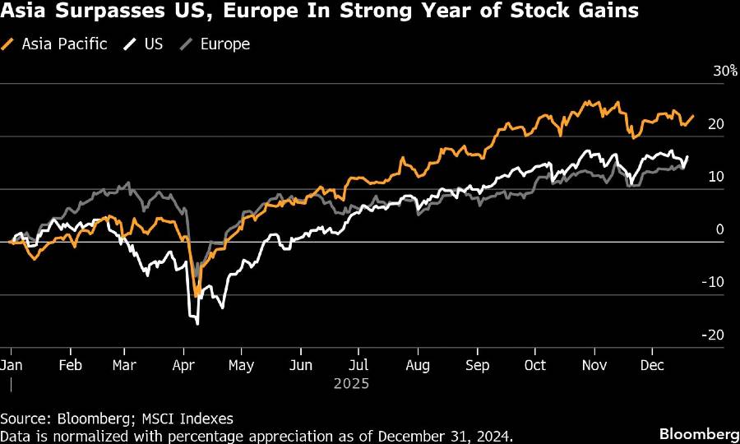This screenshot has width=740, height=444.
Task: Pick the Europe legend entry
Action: click(215, 44)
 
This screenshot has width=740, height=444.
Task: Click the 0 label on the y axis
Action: click(719, 229)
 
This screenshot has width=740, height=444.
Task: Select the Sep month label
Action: click(477, 365)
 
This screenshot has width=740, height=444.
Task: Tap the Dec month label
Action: click(653, 365)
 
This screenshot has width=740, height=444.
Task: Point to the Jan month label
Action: click(12, 365)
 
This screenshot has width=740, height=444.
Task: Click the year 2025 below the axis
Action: click(351, 384)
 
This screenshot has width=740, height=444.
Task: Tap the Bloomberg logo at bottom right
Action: click(697, 432)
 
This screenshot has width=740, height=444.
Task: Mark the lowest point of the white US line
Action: click(197, 324)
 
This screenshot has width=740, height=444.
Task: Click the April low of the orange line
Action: click(197, 296)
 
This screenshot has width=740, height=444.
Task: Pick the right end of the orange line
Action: click(694, 116)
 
